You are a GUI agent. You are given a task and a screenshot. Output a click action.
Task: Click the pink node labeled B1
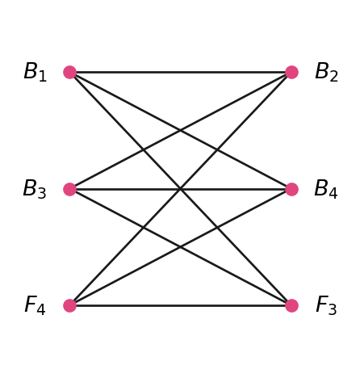[x=69, y=72]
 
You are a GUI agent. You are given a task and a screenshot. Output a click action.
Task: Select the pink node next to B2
[x=291, y=72]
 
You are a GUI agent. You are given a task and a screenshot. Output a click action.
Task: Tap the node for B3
[x=69, y=189]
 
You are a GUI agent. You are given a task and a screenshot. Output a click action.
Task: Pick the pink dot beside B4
[x=291, y=189]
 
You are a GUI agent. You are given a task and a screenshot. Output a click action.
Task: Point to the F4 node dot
[x=69, y=305]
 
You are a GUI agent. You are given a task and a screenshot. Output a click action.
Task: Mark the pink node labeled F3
[x=291, y=305]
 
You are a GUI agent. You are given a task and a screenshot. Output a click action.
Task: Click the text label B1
[x=36, y=72]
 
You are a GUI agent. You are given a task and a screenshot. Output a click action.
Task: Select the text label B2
[x=326, y=72]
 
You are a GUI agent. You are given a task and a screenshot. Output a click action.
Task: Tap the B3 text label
[x=35, y=189]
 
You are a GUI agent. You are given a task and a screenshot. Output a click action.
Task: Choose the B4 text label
[x=326, y=189]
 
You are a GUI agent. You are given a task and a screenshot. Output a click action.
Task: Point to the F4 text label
[x=35, y=305]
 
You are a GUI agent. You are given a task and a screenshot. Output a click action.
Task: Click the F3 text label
[x=326, y=305]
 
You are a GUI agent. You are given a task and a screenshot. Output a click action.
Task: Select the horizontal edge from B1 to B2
[x=181, y=72]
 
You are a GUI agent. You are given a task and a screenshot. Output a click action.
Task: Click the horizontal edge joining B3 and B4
[x=181, y=189]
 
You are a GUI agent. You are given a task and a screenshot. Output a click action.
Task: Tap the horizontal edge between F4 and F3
[x=181, y=305]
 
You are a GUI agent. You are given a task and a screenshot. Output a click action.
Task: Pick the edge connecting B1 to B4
[x=181, y=131]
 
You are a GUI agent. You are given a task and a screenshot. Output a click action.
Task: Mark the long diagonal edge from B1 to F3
[x=181, y=189]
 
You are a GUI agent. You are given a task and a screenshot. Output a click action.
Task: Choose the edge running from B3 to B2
[x=181, y=131]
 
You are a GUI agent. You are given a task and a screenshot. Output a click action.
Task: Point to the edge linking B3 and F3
[x=181, y=247]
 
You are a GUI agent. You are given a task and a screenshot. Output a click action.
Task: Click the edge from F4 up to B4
[x=181, y=247]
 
